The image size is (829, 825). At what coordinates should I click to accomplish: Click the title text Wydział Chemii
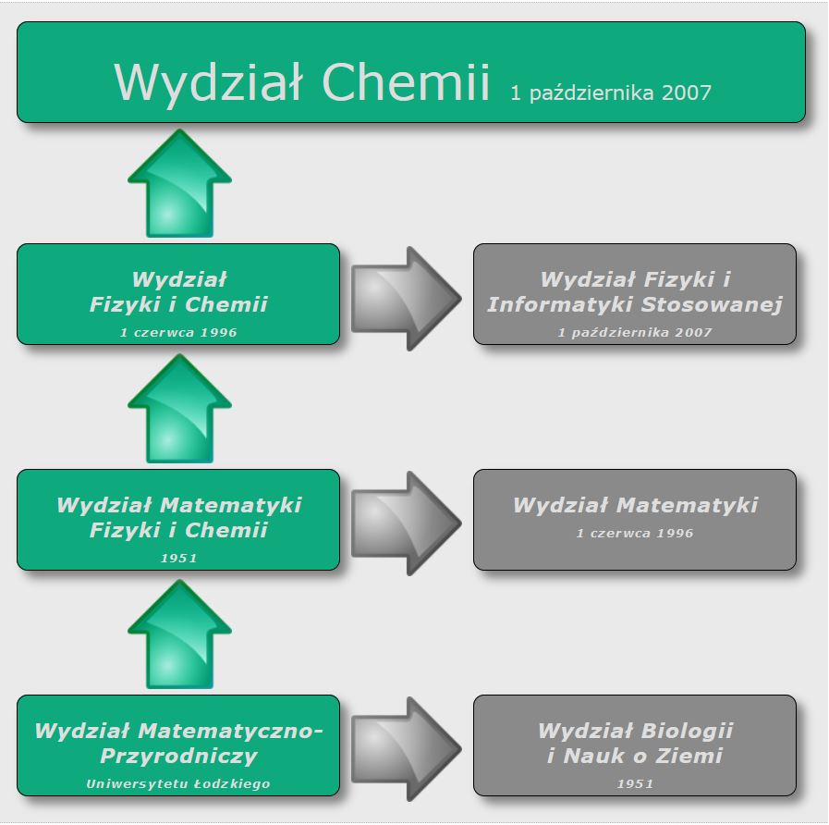(302, 82)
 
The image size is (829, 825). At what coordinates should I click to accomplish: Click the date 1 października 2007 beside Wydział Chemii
(611, 92)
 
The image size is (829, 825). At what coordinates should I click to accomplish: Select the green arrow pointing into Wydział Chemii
(179, 183)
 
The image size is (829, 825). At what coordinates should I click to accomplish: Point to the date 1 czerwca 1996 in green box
(178, 333)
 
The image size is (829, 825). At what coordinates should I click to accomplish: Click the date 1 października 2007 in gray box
(635, 333)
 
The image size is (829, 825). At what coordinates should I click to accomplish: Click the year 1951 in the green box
(178, 559)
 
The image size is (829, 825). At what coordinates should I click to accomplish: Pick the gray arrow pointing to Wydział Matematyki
(406, 523)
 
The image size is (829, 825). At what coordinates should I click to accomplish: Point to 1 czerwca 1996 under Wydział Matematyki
(635, 534)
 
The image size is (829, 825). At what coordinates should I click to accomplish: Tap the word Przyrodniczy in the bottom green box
(178, 756)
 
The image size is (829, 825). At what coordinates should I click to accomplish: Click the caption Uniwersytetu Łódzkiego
(178, 784)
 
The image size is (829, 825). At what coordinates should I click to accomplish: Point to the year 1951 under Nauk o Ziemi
(635, 784)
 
